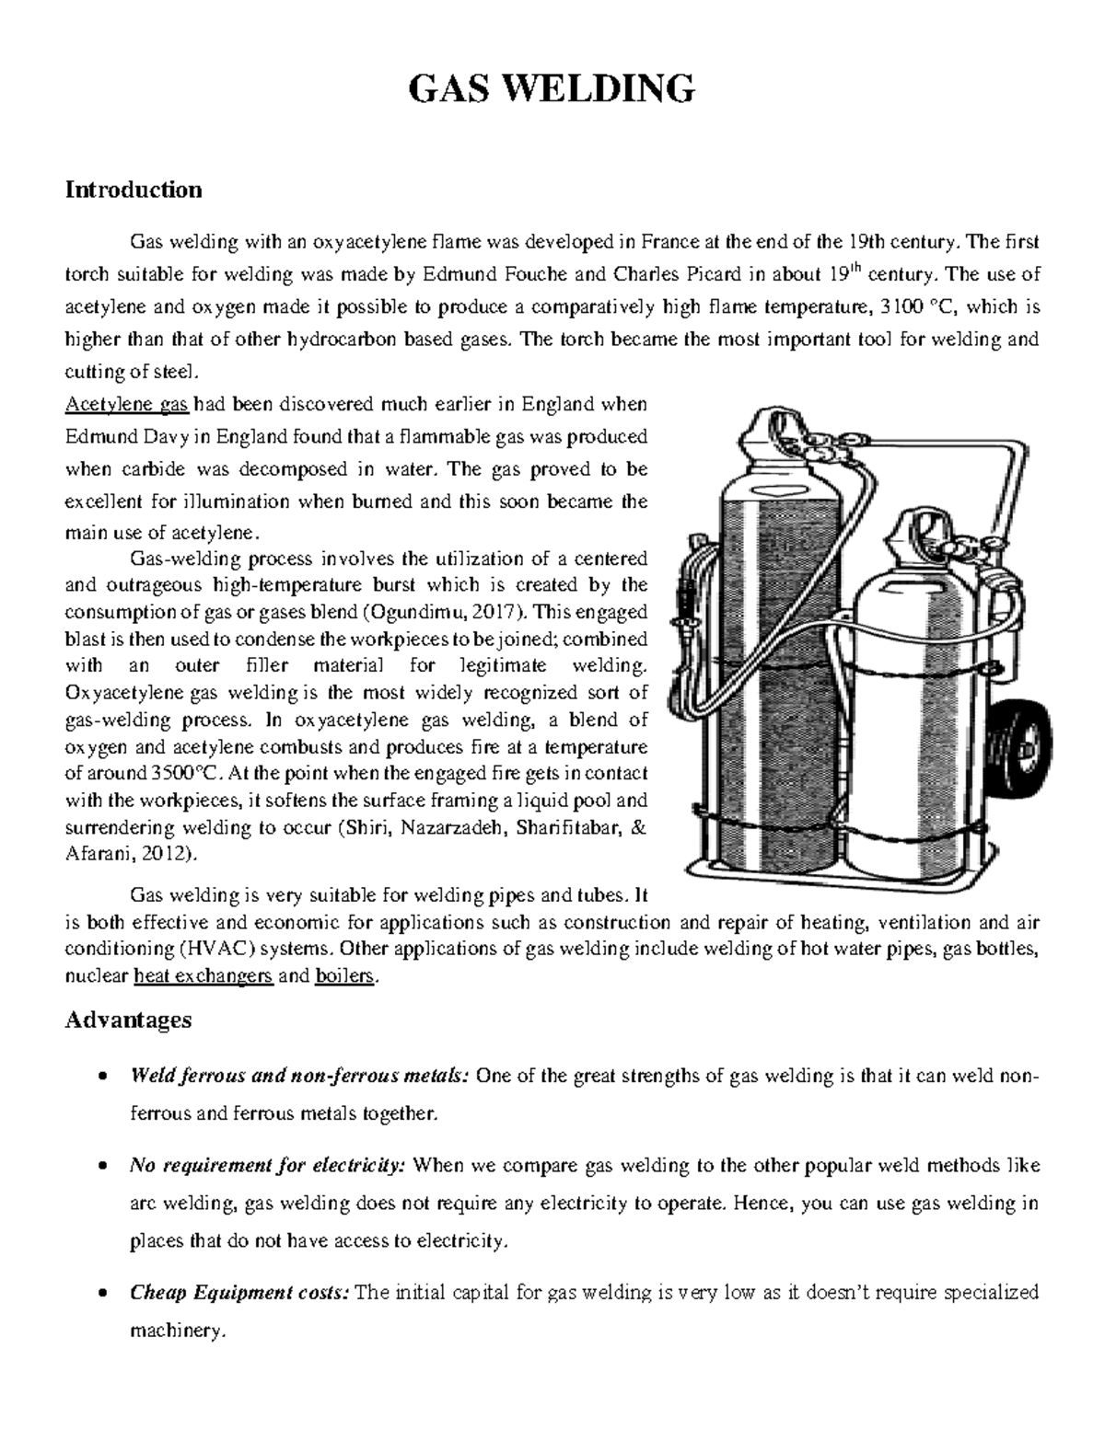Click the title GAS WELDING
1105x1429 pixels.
(x=552, y=89)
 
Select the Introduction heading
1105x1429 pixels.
(x=133, y=190)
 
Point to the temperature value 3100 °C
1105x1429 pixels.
(x=916, y=306)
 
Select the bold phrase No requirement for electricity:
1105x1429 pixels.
(x=268, y=1166)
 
